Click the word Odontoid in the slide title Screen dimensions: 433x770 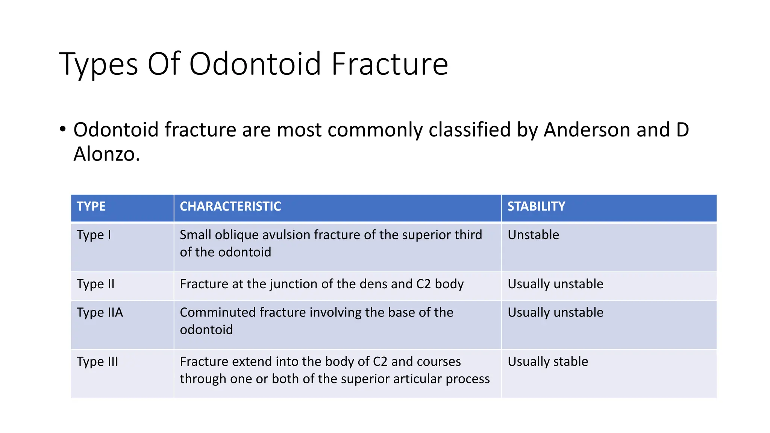click(x=255, y=64)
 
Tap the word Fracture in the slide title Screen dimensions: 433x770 click(x=390, y=64)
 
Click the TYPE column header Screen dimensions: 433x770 click(x=91, y=206)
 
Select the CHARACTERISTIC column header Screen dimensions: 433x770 click(x=230, y=206)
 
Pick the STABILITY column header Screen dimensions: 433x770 click(x=536, y=206)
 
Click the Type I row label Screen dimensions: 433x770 click(x=94, y=235)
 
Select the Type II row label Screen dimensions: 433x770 click(x=95, y=284)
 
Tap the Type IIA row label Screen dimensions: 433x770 click(x=100, y=313)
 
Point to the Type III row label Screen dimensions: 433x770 click(x=97, y=362)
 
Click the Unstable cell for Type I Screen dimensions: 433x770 click(x=533, y=235)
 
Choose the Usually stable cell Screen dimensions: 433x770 click(x=548, y=362)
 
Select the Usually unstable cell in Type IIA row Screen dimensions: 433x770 click(x=555, y=313)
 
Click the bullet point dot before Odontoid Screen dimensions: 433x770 click(x=63, y=129)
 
